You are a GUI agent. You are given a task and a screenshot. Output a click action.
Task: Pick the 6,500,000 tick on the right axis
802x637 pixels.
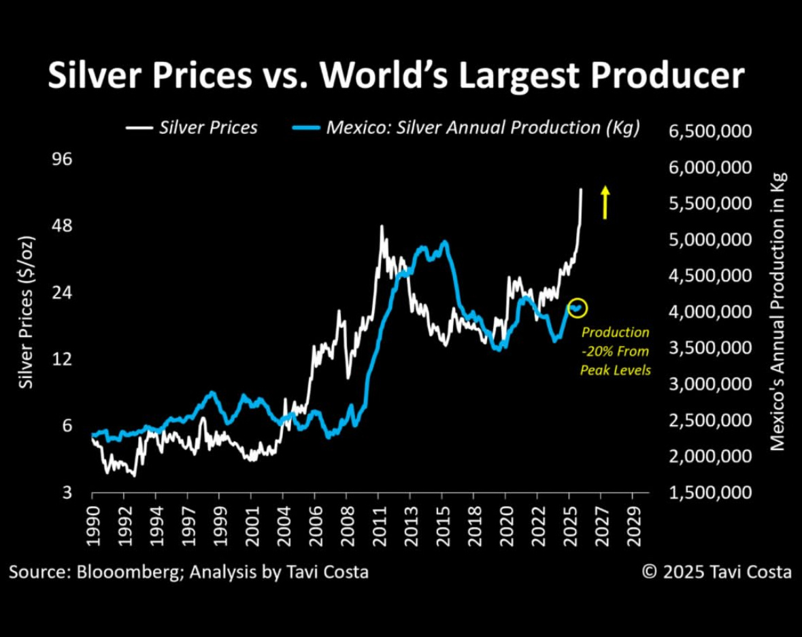pos(711,131)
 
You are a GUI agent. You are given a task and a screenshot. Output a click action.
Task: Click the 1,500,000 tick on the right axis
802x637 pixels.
pos(711,493)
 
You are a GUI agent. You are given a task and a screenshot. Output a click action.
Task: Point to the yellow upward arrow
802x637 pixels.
pos(604,203)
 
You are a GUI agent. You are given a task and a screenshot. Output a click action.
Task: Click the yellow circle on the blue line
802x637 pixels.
pos(577,308)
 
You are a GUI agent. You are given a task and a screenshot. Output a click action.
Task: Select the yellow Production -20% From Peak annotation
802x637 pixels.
pos(615,351)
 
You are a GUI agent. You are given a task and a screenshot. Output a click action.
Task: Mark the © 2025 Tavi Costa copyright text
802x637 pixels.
pos(717,572)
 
